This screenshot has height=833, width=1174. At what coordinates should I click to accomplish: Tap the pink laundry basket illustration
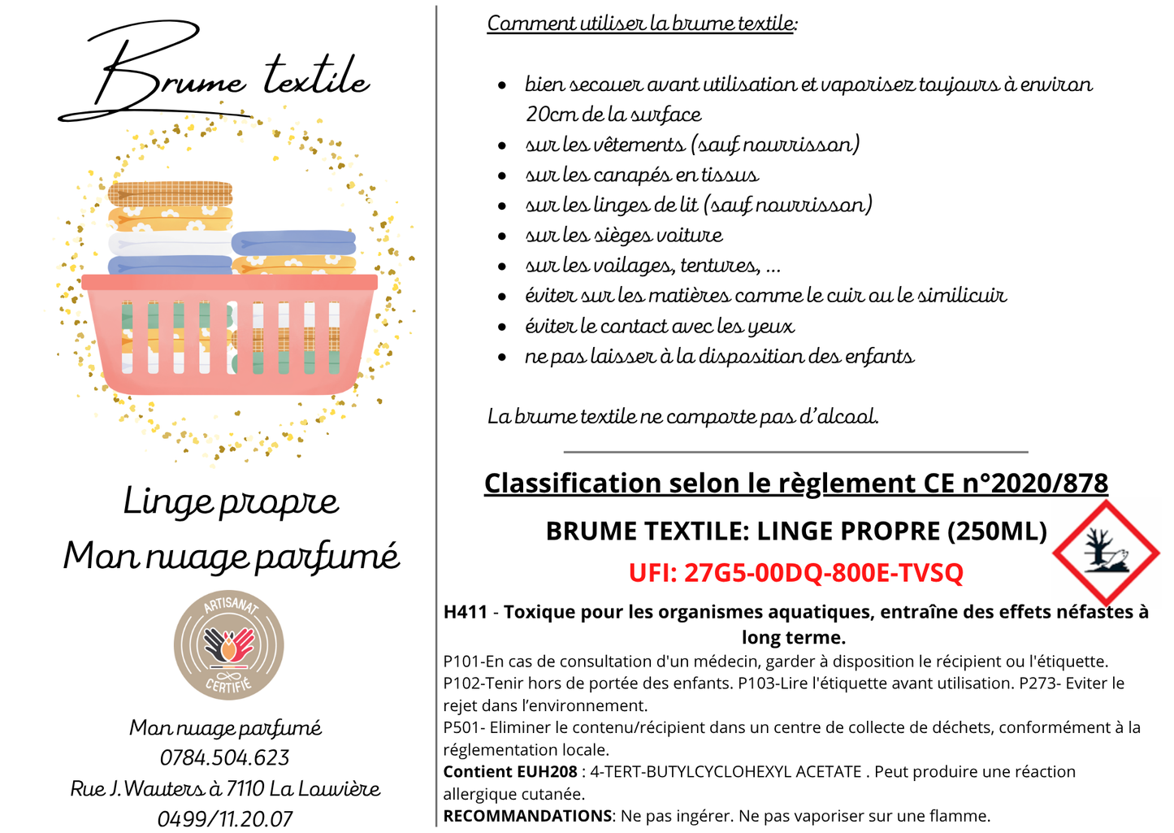(229, 333)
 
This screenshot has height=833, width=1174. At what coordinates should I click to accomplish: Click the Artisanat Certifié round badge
(228, 645)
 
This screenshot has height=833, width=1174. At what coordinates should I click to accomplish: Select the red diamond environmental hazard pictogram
(1106, 553)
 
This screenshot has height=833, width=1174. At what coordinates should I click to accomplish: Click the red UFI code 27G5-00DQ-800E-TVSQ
(795, 573)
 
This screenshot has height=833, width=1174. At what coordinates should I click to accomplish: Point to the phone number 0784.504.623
(224, 758)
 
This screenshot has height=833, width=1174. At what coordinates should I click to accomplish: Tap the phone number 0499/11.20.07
(224, 818)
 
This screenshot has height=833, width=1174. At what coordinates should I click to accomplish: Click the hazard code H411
(465, 612)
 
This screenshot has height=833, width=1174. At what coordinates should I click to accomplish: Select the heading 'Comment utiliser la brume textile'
(641, 23)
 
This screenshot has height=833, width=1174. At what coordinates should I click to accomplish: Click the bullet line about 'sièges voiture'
(623, 236)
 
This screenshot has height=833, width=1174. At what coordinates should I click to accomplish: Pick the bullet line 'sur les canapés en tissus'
(641, 175)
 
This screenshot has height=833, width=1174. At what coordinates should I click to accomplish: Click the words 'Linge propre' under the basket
(231, 502)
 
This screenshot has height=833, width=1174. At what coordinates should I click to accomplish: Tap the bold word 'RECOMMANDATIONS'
(527, 816)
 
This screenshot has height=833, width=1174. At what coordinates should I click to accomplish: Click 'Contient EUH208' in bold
(509, 772)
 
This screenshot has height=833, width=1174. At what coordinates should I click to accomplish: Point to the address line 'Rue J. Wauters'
(225, 788)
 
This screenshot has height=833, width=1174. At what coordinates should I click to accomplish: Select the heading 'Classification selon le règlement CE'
(795, 483)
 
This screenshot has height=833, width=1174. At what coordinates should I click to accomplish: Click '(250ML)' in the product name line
(997, 531)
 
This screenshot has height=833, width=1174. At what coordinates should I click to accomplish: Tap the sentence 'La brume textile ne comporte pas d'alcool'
(682, 417)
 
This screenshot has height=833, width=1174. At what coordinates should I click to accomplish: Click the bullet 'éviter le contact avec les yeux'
(659, 326)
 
